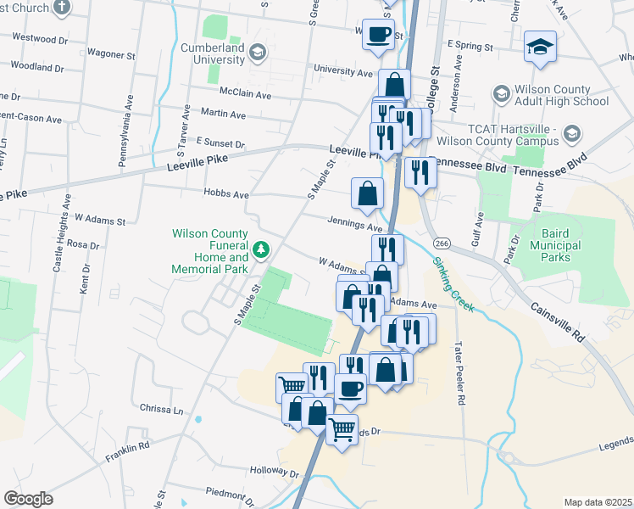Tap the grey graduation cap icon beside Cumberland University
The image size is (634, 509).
click(x=258, y=53)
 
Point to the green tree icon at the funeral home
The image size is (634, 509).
click(x=263, y=249)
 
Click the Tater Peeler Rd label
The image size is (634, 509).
click(x=459, y=368)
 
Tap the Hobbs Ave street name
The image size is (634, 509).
click(x=225, y=193)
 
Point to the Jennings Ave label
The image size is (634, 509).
click(x=355, y=225)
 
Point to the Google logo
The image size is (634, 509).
click(x=28, y=499)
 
